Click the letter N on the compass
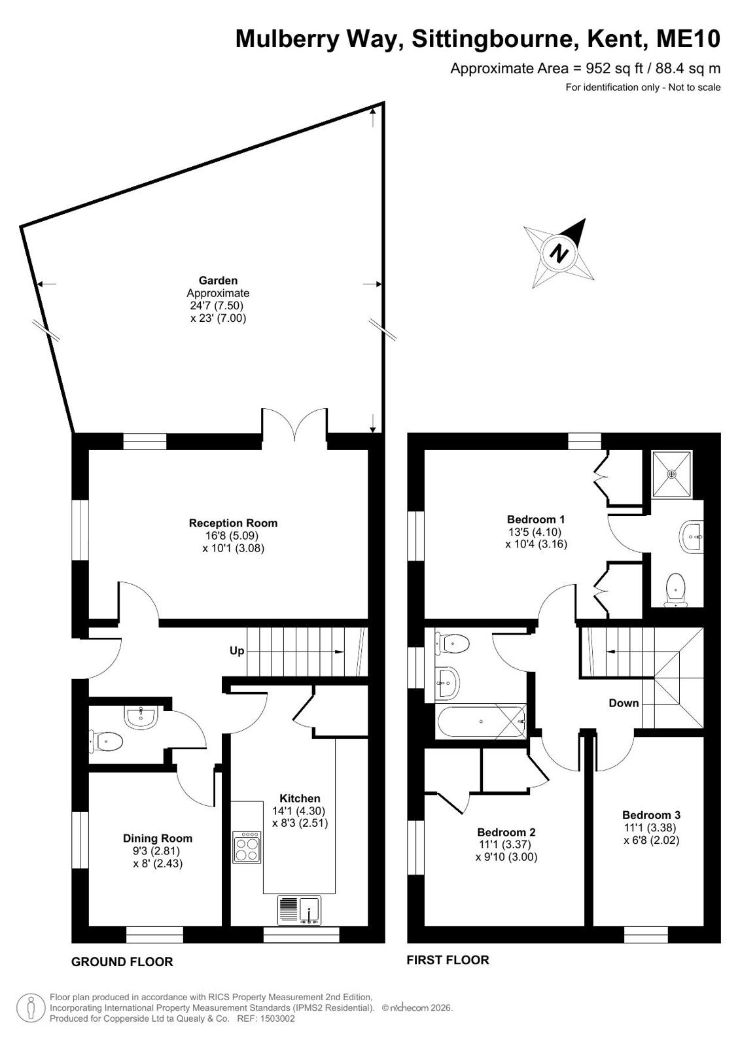click(559, 254)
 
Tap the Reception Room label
click(233, 523)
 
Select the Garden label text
click(218, 281)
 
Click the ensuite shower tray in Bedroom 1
click(672, 474)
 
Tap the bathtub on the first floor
click(481, 722)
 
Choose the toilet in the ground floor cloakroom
click(105, 741)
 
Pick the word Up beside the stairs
click(237, 651)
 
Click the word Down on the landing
click(624, 703)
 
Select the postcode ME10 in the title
click(688, 39)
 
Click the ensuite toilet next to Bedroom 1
click(675, 590)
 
